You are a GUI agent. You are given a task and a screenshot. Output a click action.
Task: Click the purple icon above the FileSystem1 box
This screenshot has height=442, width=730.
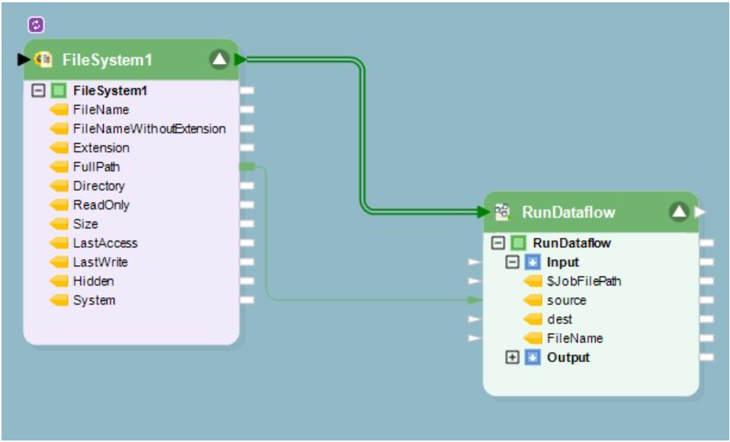click(x=37, y=25)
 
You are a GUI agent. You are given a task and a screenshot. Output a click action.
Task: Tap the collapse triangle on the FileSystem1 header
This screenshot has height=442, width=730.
click(x=219, y=59)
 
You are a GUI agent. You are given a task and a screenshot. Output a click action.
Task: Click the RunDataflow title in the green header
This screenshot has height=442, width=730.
click(x=568, y=212)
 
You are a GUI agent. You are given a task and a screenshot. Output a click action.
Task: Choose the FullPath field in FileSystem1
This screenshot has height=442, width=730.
click(x=96, y=167)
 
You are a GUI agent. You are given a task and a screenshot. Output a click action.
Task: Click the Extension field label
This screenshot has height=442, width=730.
click(x=101, y=148)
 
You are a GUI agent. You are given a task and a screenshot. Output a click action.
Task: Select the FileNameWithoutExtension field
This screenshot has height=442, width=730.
click(x=149, y=129)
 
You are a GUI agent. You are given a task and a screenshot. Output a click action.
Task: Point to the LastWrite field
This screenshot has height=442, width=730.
click(x=100, y=262)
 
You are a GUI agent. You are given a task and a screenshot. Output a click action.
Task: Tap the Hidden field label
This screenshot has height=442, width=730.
click(x=93, y=281)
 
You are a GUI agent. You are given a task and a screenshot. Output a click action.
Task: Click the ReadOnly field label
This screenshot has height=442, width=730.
click(x=101, y=205)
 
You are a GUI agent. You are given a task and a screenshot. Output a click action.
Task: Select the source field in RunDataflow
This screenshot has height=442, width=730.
click(x=566, y=300)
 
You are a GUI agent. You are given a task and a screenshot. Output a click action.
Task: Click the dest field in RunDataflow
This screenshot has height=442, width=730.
click(x=559, y=319)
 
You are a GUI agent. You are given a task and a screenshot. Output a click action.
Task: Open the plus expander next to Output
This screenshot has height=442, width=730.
click(x=513, y=357)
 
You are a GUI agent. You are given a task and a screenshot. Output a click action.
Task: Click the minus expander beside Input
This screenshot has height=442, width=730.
click(x=513, y=262)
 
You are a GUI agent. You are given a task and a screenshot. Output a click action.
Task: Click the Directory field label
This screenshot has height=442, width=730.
click(x=98, y=186)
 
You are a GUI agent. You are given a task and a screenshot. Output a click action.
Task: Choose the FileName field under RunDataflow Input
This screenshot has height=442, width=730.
click(x=574, y=338)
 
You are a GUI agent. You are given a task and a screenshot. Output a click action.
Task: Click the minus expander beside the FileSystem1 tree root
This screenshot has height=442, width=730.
click(x=38, y=91)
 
